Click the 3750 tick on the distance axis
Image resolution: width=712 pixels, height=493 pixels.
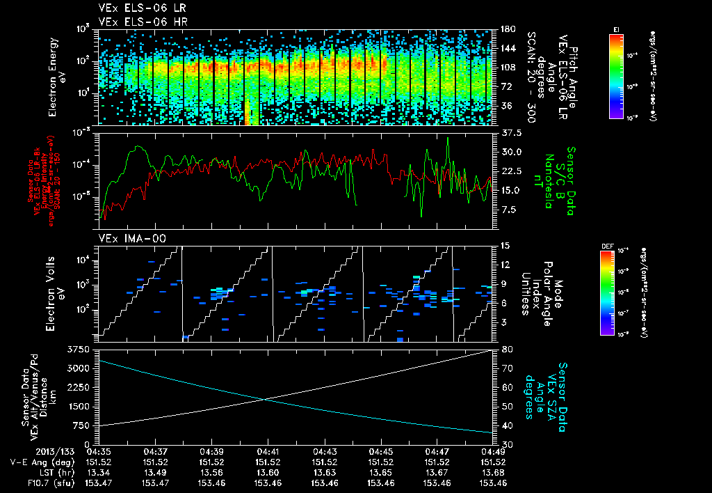coord(79,348)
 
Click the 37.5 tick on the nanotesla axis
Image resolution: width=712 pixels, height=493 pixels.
coord(509,132)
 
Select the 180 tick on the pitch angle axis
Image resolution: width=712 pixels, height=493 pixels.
coord(507,29)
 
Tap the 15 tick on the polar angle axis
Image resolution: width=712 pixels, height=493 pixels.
coord(504,246)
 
